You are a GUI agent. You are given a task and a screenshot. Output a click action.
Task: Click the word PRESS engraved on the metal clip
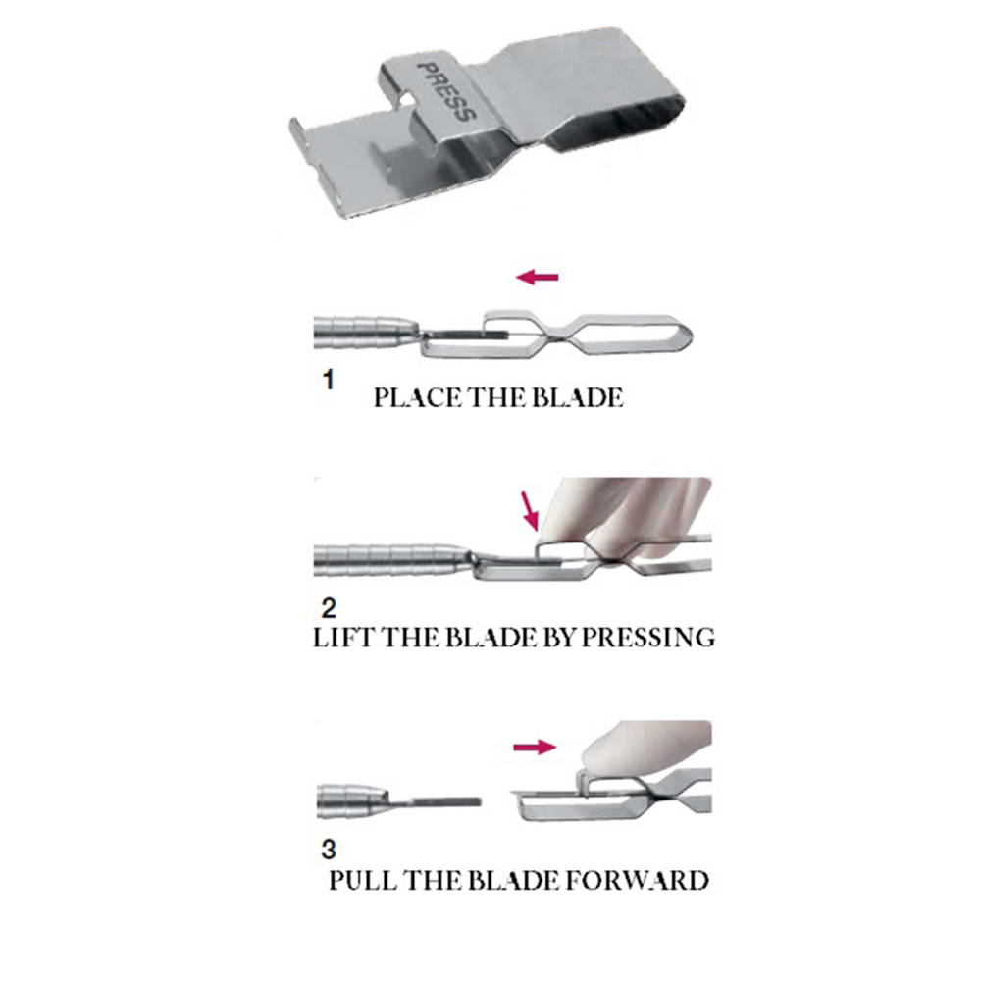[x=447, y=92]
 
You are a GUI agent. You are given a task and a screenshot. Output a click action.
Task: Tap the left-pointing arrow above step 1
[x=538, y=278]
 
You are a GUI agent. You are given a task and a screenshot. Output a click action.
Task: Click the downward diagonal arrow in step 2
[x=531, y=509]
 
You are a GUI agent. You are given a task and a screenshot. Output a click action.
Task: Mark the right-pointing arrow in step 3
[x=535, y=748]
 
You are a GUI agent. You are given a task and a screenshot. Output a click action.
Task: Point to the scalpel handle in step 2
[x=392, y=560]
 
